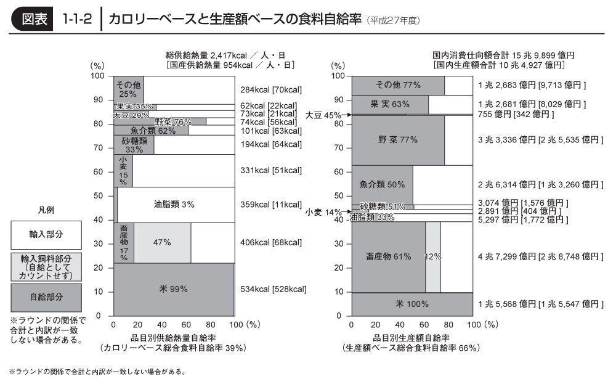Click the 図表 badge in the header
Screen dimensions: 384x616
pyautogui.click(x=34, y=18)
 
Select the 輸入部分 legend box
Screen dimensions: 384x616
pyautogui.click(x=46, y=234)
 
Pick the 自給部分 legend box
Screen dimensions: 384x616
pyautogui.click(x=46, y=297)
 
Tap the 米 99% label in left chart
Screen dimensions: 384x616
pyautogui.click(x=173, y=288)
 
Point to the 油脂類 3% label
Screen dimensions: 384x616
pyautogui.click(x=174, y=205)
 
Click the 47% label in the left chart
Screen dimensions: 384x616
pyautogui.click(x=162, y=243)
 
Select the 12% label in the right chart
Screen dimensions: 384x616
pyautogui.click(x=433, y=256)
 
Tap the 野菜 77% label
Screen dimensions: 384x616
pyautogui.click(x=398, y=140)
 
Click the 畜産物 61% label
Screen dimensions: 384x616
pyautogui.click(x=388, y=256)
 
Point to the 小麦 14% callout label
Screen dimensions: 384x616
pyautogui.click(x=323, y=212)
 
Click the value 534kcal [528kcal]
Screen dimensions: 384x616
pyautogui.click(x=273, y=288)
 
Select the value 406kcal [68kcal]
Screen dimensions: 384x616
pyautogui.click(x=270, y=243)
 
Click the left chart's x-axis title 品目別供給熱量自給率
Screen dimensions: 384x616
pyautogui.click(x=173, y=338)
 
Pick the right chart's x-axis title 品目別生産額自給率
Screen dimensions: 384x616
pyautogui.click(x=411, y=338)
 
